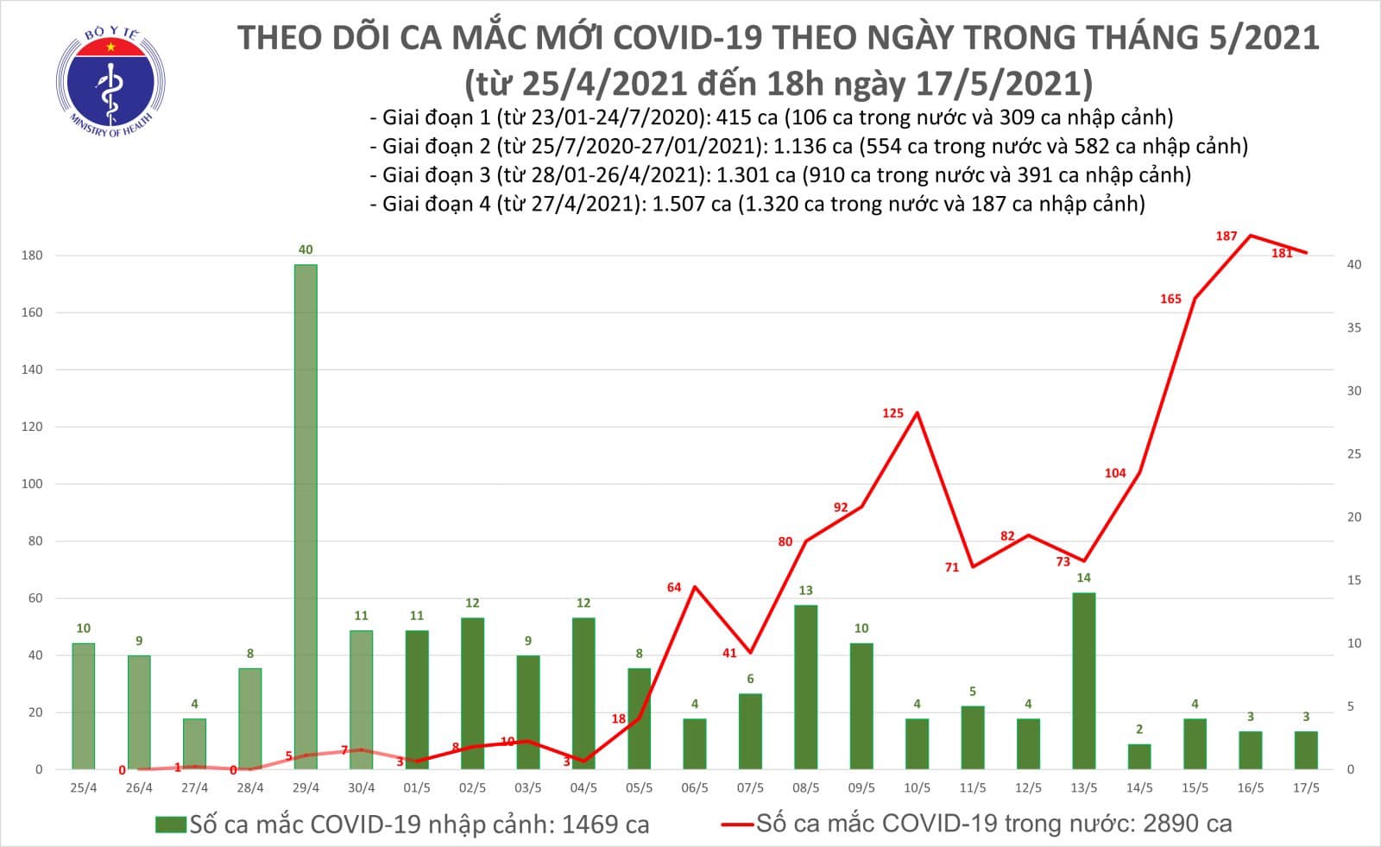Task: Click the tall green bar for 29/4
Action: coord(306,516)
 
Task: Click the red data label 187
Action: coord(1226,236)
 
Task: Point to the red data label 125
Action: coord(892,414)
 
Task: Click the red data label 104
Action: coord(1114,473)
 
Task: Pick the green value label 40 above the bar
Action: coord(306,250)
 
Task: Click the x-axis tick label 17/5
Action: coord(1305,788)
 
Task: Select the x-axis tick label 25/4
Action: coord(84,788)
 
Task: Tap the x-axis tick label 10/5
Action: coord(917,788)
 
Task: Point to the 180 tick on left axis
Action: coord(33,256)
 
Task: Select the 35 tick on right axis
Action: coord(1354,328)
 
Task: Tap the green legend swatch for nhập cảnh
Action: coord(170,825)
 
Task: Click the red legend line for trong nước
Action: coord(738,825)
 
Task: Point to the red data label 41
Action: coord(729,654)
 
